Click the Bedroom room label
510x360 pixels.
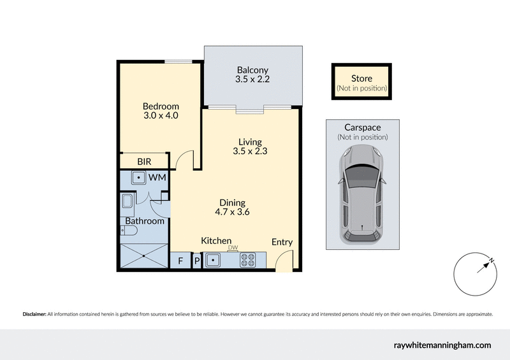pyautogui.click(x=161, y=106)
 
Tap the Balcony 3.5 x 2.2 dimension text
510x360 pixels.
pyautogui.click(x=252, y=80)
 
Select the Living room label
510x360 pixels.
pyautogui.click(x=251, y=142)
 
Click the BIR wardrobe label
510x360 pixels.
pyautogui.click(x=144, y=162)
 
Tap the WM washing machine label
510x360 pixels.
pyautogui.click(x=157, y=178)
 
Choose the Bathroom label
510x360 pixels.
pyautogui.click(x=145, y=221)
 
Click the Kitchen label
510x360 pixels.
pyautogui.click(x=216, y=241)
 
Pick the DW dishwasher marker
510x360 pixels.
pyautogui.click(x=233, y=248)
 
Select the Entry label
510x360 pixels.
pyautogui.click(x=282, y=242)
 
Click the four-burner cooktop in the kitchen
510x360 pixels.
pyautogui.click(x=248, y=260)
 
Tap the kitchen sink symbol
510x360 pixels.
pyautogui.click(x=212, y=260)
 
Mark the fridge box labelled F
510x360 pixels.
pyautogui.click(x=180, y=261)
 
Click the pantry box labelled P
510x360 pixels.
pyautogui.click(x=196, y=261)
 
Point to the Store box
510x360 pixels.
pyautogui.click(x=361, y=82)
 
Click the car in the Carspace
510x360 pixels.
pyautogui.click(x=361, y=194)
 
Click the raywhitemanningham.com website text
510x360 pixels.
pyautogui.click(x=442, y=345)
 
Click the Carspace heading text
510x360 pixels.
pyautogui.click(x=362, y=127)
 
